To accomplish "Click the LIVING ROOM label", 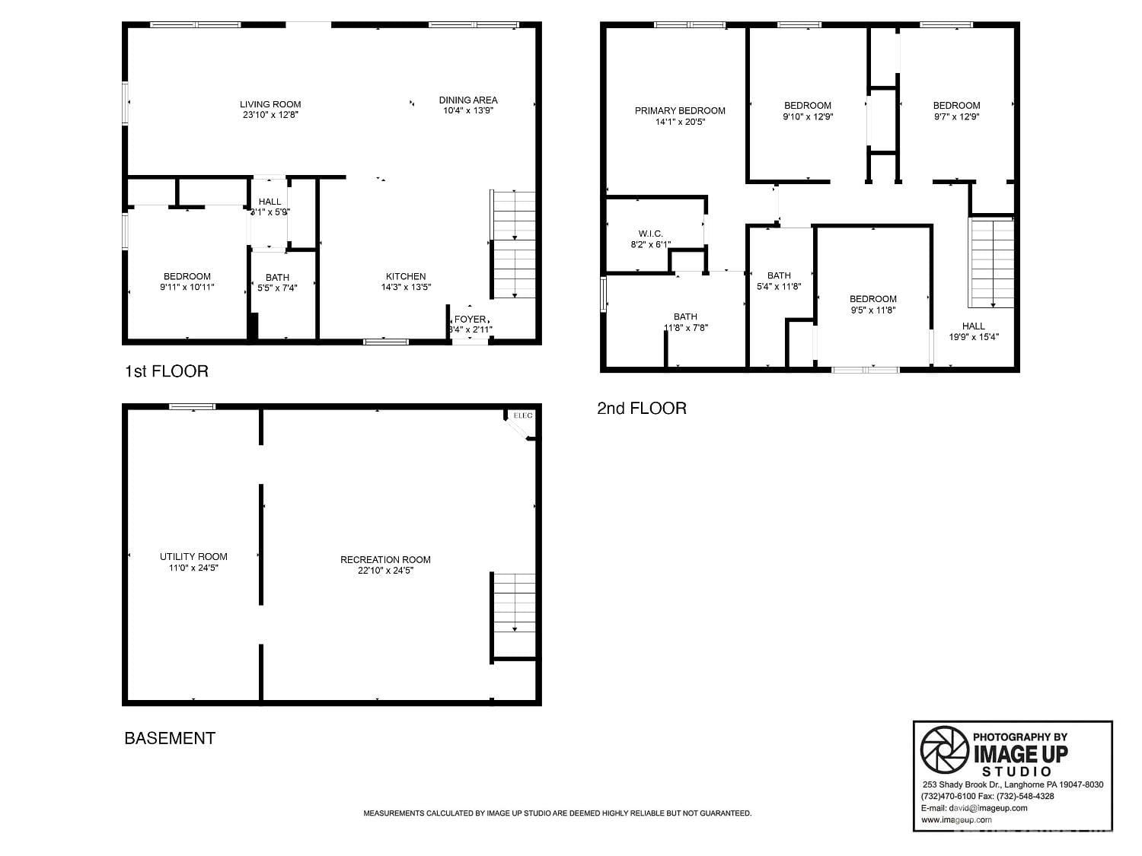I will pos(270,104).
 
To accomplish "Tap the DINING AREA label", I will pos(468,100).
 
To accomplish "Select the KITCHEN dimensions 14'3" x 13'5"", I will pos(406,288).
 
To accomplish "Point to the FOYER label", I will pos(469,319).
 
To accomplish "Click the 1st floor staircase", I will pos(514,243).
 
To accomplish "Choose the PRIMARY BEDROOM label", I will pos(680,110).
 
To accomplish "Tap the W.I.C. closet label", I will pos(651,234).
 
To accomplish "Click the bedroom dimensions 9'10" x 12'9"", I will pos(807,117).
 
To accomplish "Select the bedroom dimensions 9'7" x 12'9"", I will pos(956,117).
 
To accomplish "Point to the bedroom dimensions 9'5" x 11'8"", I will pos(872,310).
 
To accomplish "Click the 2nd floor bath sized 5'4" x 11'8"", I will pos(779,281).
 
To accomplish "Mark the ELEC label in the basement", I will pos(523,415).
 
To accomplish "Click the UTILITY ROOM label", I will pos(193,556).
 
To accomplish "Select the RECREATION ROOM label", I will pos(385,559).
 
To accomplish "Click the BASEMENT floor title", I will pos(170,738).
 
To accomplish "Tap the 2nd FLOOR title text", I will pos(642,409).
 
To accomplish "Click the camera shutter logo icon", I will pos(944,749).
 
